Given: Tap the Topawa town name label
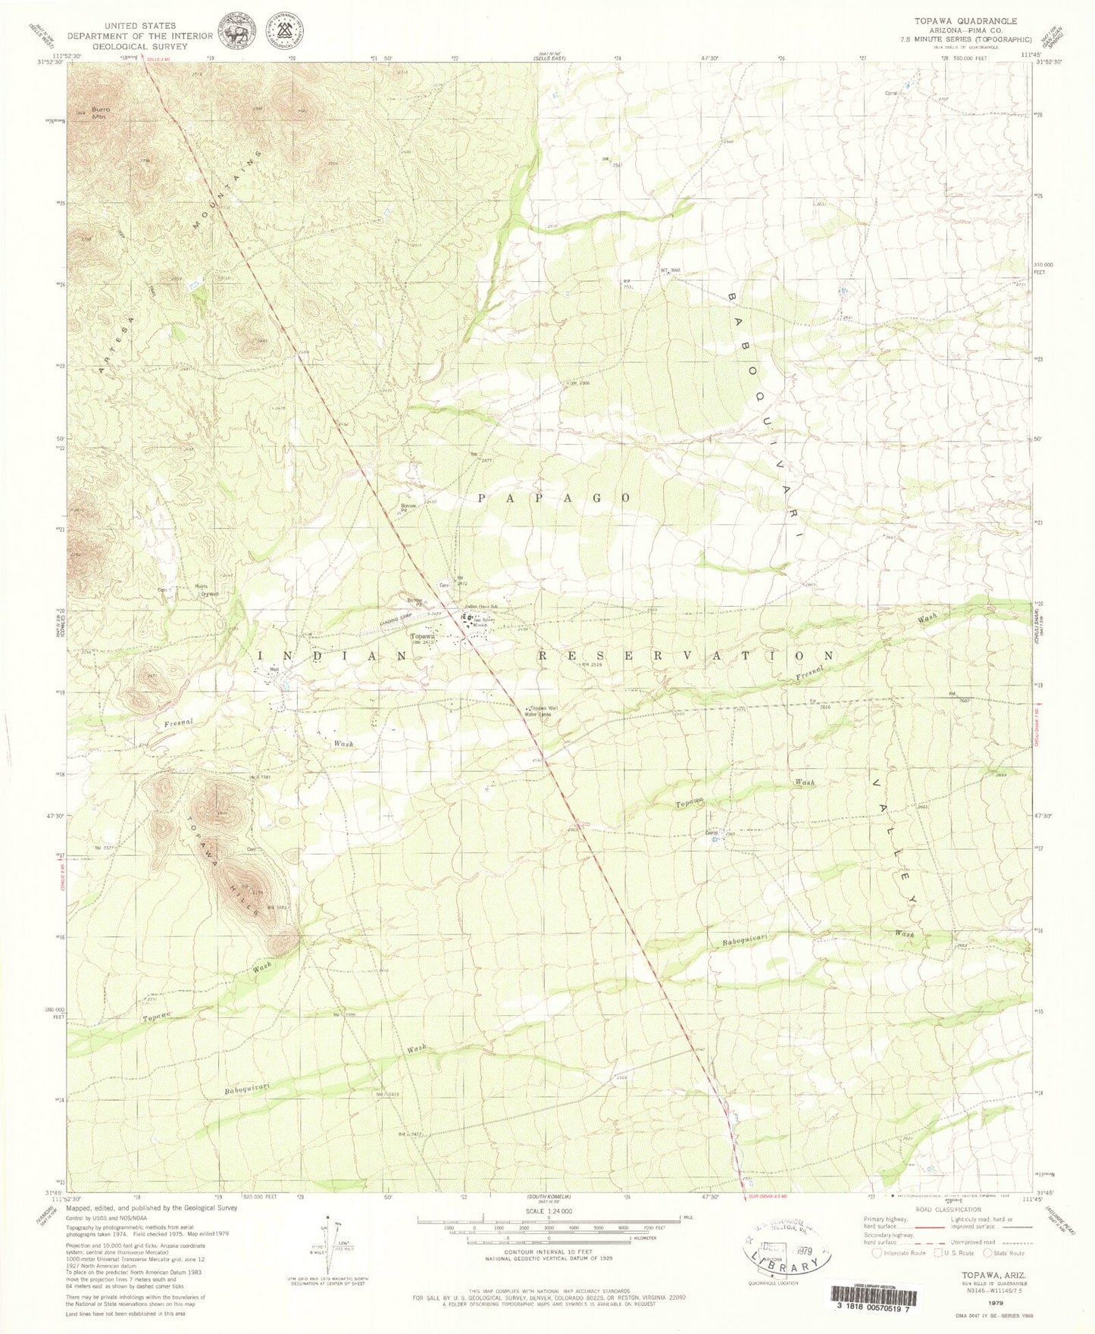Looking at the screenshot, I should (x=422, y=637).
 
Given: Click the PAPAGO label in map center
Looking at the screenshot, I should (x=555, y=498).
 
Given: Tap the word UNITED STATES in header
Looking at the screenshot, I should (x=140, y=26).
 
